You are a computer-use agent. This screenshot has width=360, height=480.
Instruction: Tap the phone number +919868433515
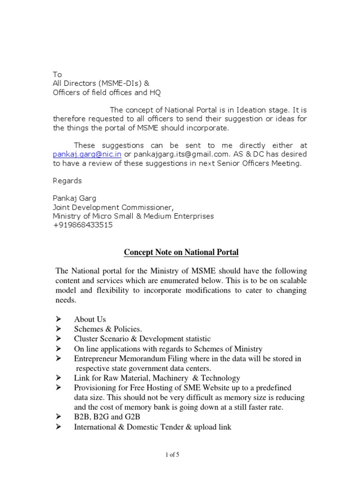(82, 225)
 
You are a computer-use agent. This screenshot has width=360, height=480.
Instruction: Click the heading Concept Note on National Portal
(181, 253)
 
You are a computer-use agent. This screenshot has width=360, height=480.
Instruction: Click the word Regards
(67, 181)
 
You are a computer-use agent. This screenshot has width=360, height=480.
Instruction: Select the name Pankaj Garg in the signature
(74, 198)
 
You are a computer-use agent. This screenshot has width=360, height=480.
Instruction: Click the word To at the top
(57, 75)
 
